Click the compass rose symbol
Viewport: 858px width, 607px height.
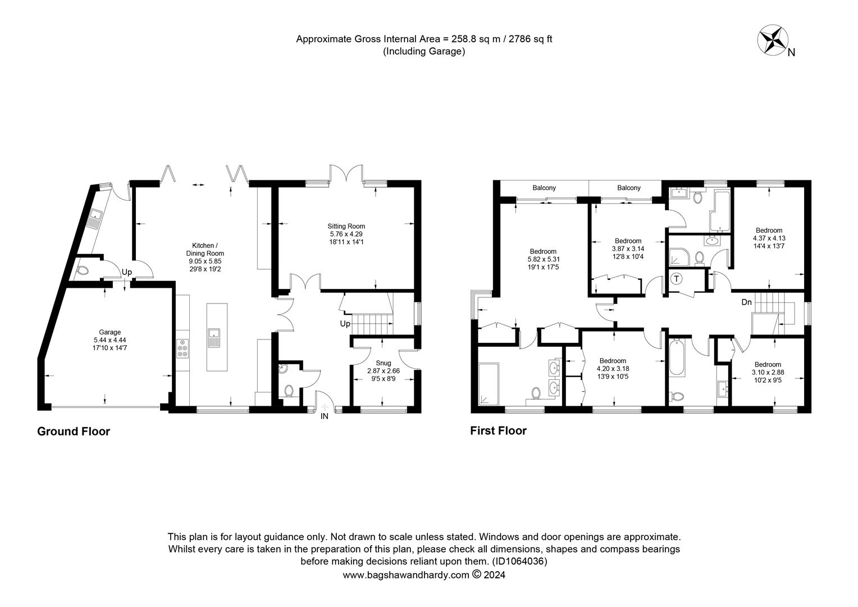[x=773, y=41]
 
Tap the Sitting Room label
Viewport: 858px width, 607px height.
[x=346, y=227]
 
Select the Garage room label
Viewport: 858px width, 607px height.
[x=107, y=332]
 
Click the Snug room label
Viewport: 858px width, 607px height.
[x=384, y=363]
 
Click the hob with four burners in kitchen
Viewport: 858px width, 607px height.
[x=182, y=349]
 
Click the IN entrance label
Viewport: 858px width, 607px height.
[x=324, y=416]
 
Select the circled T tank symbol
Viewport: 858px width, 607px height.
[x=677, y=279]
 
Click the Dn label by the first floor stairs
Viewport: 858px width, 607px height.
[x=746, y=302]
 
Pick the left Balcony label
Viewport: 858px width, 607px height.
[x=544, y=188]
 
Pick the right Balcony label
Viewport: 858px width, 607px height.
[x=628, y=188]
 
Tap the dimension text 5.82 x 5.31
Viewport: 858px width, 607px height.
[x=542, y=259]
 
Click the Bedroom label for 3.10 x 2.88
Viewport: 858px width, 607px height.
[x=767, y=364]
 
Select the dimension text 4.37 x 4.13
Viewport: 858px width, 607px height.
[x=769, y=238]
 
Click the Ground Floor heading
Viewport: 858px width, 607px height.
[x=74, y=432]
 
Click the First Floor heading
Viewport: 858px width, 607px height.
[x=498, y=431]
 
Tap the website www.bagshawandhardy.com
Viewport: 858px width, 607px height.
[x=405, y=575]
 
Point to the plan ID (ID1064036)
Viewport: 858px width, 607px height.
[x=519, y=561]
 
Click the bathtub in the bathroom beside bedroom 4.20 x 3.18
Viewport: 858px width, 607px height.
[x=677, y=358]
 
